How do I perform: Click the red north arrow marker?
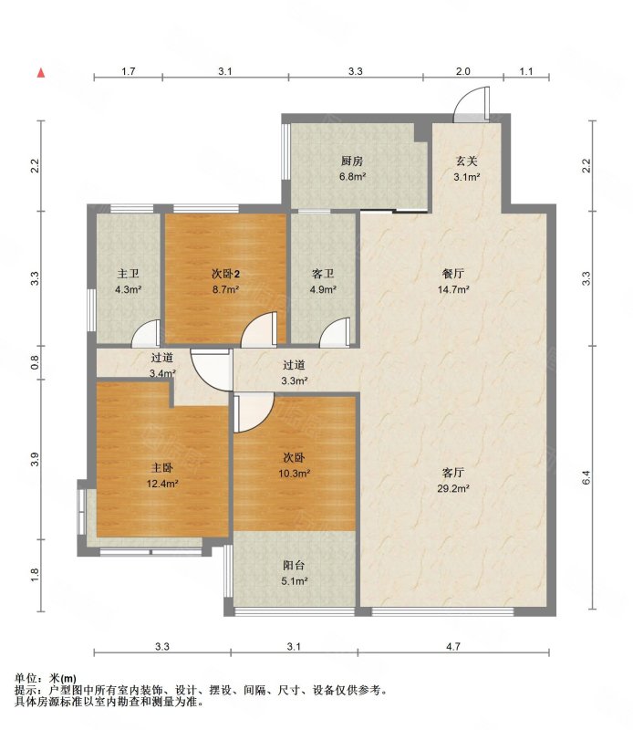pos(41,73)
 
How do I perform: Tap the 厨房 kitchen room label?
pos(352,162)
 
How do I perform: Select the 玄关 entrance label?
pos(466,162)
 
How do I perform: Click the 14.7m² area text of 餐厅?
pos(453,289)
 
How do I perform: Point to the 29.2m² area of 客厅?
pos(453,489)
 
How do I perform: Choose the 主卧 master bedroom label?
pos(162,468)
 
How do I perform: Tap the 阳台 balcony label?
pos(294,566)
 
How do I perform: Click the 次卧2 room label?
pos(225,275)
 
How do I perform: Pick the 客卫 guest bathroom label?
pos(323,275)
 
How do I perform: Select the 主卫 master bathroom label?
pos(128,275)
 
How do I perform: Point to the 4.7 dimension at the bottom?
pos(453,646)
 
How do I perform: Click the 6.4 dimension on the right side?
pos(586,477)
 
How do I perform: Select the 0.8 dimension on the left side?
pos(35,362)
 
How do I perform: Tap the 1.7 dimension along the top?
pos(129,71)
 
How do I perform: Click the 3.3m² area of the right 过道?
pos(295,381)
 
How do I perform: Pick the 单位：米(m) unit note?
pos(45,678)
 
